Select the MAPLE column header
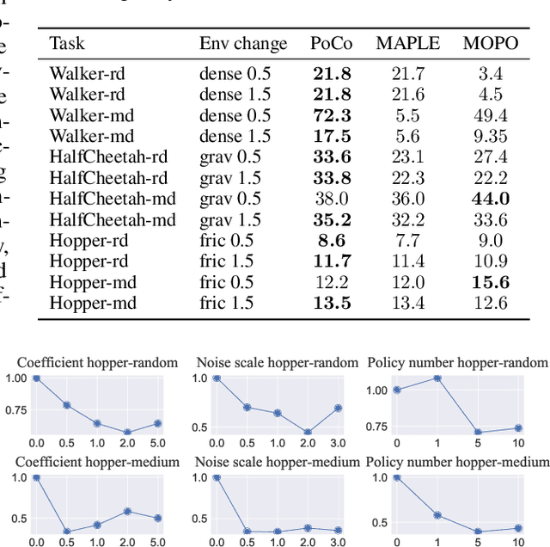(407, 43)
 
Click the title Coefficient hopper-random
(98, 362)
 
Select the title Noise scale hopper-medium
(278, 462)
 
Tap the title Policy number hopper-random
(456, 362)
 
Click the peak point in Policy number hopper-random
(437, 378)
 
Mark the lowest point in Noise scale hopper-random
(307, 433)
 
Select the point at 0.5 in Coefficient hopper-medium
(67, 532)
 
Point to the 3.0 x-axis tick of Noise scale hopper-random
(339, 443)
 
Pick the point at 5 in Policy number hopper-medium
(478, 532)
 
